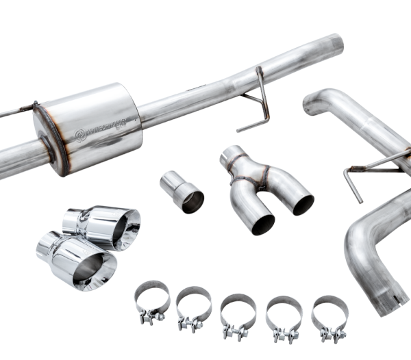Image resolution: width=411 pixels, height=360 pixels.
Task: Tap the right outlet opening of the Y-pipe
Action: click(x=300, y=203)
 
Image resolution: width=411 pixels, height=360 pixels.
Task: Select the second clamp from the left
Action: click(x=194, y=305)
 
